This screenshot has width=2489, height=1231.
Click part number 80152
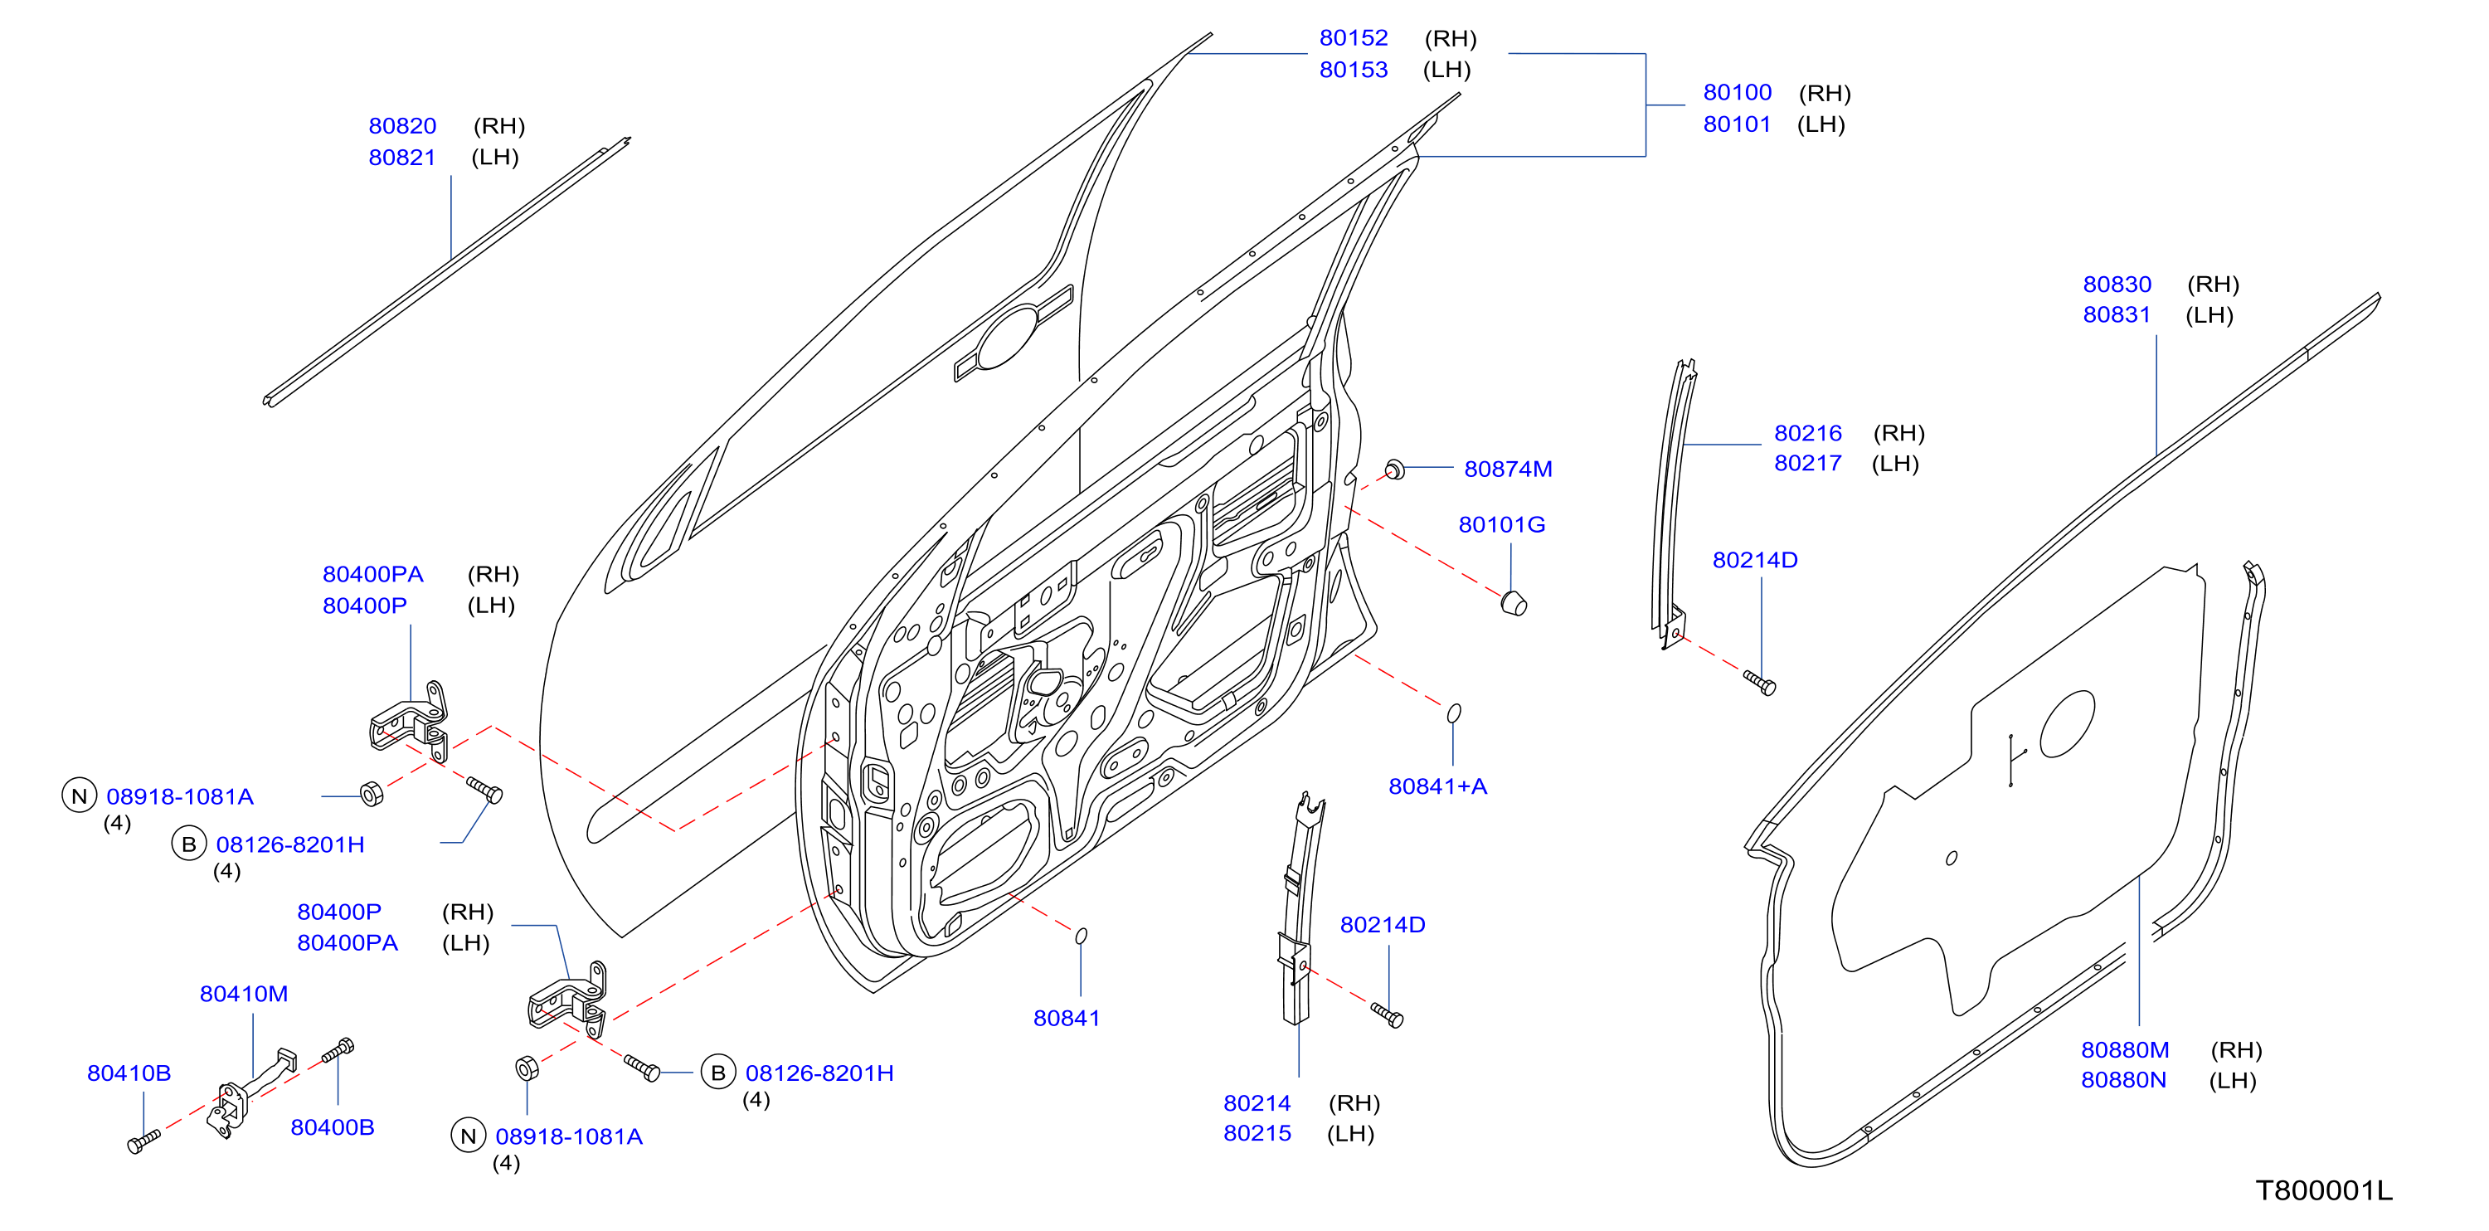pyautogui.click(x=1353, y=37)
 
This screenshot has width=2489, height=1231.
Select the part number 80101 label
pyautogui.click(x=1736, y=124)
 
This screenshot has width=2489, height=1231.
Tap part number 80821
pyautogui.click(x=402, y=158)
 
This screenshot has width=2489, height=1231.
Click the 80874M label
pyautogui.click(x=1507, y=469)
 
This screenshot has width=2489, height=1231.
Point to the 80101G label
pyautogui.click(x=1501, y=525)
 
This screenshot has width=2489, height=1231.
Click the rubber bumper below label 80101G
pyautogui.click(x=1514, y=603)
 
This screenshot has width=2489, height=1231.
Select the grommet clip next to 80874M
pyautogui.click(x=1394, y=470)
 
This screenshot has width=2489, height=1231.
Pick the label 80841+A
pyautogui.click(x=1437, y=786)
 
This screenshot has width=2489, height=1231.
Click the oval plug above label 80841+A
pyautogui.click(x=1453, y=713)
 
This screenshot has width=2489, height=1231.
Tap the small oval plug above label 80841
pyautogui.click(x=1082, y=936)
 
